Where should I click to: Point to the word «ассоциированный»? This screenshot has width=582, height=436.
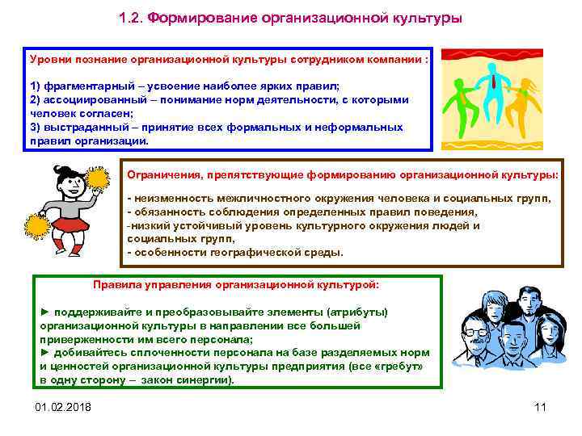point(86,99)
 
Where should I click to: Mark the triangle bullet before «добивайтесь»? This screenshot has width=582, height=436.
point(45,353)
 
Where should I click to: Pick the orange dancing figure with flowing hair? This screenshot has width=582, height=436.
point(526,97)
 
